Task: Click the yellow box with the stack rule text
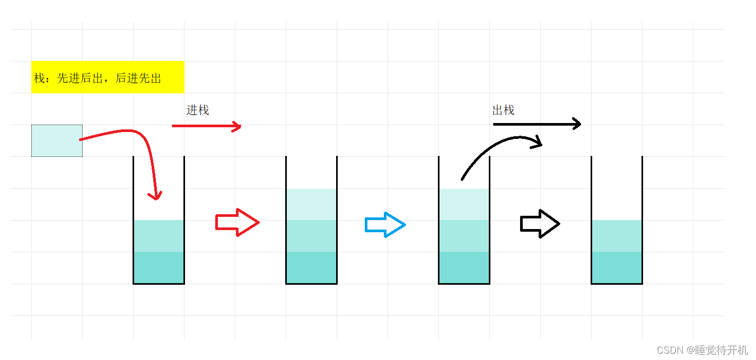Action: pyautogui.click(x=108, y=77)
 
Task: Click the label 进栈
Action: pyautogui.click(x=198, y=110)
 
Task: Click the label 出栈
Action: pyautogui.click(x=503, y=110)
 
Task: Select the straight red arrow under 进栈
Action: pyautogui.click(x=206, y=126)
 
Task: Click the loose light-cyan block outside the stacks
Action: pyautogui.click(x=57, y=141)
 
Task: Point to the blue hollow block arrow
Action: pyautogui.click(x=385, y=225)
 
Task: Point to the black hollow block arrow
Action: pyautogui.click(x=540, y=224)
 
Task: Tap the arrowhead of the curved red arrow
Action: pyautogui.click(x=155, y=196)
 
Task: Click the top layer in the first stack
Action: pyautogui.click(x=159, y=236)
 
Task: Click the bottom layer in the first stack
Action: pyautogui.click(x=159, y=267)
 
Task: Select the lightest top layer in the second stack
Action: pyautogui.click(x=311, y=205)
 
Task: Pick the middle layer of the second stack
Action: pyautogui.click(x=311, y=236)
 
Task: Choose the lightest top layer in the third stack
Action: pyautogui.click(x=464, y=205)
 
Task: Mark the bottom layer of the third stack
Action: pyautogui.click(x=464, y=267)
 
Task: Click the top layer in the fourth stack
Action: pyautogui.click(x=617, y=236)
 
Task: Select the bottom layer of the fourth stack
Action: pyautogui.click(x=617, y=267)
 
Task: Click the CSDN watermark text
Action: pyautogui.click(x=702, y=350)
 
